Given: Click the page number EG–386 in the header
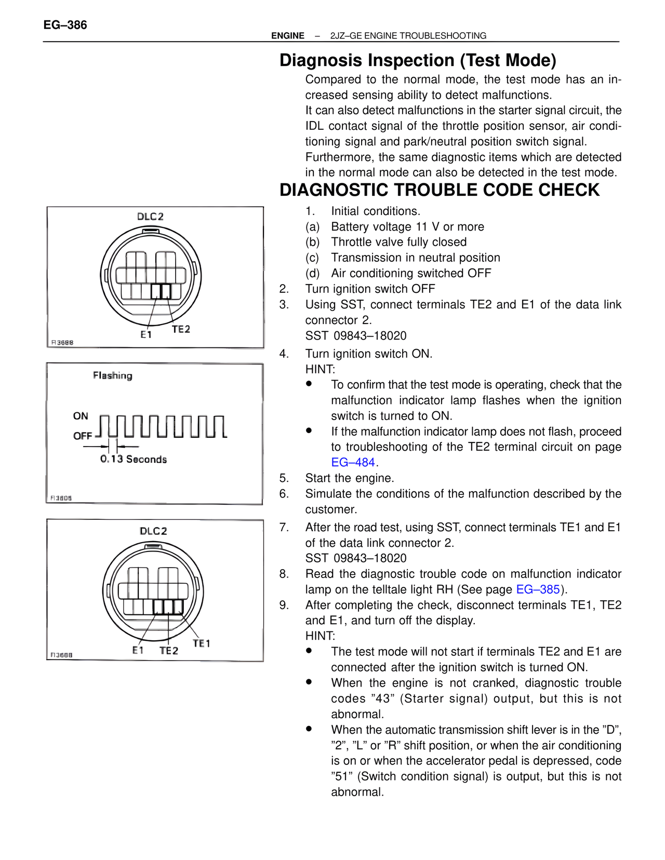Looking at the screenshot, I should (65, 25).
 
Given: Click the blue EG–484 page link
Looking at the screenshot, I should (353, 462).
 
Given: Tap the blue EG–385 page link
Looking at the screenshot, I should (538, 589).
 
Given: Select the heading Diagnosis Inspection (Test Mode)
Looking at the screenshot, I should (418, 60).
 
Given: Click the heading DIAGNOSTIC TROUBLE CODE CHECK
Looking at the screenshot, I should (439, 190).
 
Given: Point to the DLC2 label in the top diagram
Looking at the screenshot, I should (150, 217).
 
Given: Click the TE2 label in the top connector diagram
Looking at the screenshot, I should (181, 329).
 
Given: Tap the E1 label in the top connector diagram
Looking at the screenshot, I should (146, 335).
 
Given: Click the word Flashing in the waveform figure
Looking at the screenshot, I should (113, 375).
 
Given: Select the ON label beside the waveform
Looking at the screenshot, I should (81, 416).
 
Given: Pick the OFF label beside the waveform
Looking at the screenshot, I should (82, 436).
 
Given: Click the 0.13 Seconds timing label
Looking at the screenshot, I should (134, 459).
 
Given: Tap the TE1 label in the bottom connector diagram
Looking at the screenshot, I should (201, 643).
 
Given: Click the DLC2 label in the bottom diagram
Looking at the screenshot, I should (153, 531).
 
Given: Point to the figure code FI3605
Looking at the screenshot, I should (61, 498).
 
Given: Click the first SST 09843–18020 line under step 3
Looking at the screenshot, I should (356, 336).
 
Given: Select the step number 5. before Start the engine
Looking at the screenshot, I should (284, 478).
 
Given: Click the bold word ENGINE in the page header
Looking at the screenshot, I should (288, 36).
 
